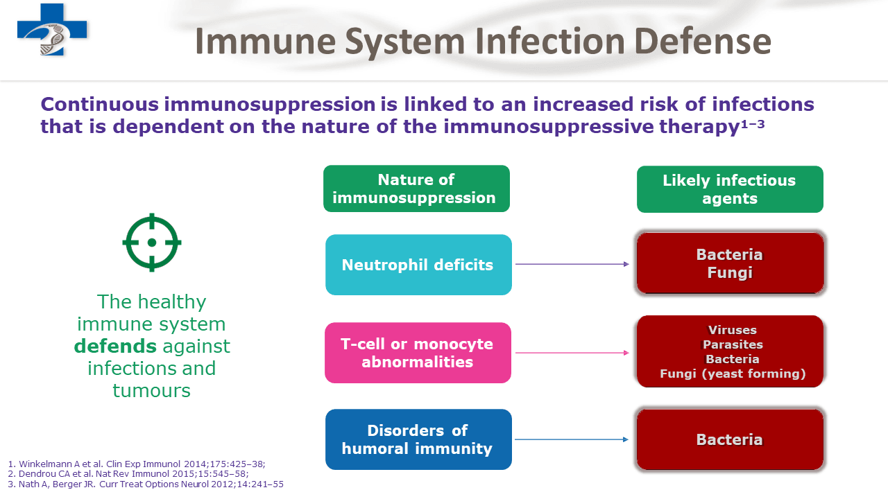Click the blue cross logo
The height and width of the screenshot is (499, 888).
[x=52, y=29]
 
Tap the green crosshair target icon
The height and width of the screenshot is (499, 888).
[x=152, y=243]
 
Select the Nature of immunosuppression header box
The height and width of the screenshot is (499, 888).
[x=416, y=189]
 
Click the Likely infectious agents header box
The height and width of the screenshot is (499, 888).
[x=730, y=189]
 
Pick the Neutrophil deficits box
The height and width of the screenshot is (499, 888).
[x=418, y=265]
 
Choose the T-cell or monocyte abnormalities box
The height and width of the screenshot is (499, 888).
[x=418, y=353]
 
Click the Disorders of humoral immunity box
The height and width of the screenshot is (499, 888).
[x=418, y=439]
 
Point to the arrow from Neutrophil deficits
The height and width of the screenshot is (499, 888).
[x=572, y=264]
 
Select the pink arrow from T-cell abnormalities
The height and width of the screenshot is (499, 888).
[x=572, y=353]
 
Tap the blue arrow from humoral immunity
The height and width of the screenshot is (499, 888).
[x=572, y=439]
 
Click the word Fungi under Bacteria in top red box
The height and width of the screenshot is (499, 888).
[x=730, y=273]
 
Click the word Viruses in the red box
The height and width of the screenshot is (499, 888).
[x=732, y=330]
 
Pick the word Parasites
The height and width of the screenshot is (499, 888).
[x=732, y=344]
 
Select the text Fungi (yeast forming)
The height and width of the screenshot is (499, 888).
[x=732, y=374]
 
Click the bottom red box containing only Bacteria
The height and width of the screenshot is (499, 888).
[x=730, y=439]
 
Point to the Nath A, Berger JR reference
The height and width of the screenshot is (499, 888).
[x=146, y=484]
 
